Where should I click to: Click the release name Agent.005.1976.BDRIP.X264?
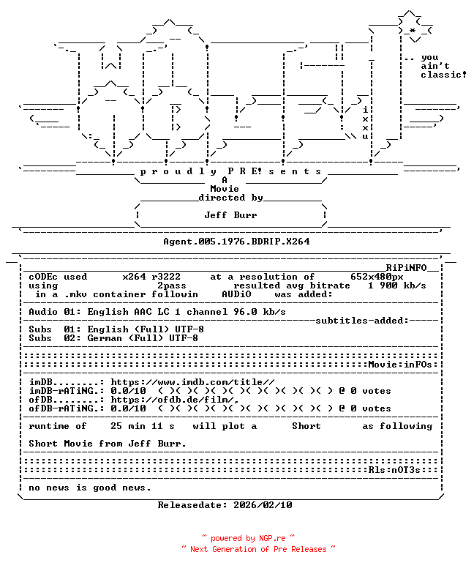click(236, 242)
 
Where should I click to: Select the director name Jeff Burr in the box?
click(230, 215)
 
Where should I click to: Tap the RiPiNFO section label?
click(406, 268)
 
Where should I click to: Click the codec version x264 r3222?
click(151, 277)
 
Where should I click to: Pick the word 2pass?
click(172, 285)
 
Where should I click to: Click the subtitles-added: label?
click(362, 321)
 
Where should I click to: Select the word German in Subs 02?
click(105, 338)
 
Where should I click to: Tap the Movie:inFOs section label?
click(400, 365)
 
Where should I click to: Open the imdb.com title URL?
click(193, 382)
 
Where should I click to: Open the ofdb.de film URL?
click(175, 400)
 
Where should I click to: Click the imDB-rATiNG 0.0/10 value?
click(128, 391)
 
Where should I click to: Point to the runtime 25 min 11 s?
click(143, 426)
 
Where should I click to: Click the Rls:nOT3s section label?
click(394, 470)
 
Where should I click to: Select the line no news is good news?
click(90, 488)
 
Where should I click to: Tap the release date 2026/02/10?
click(263, 505)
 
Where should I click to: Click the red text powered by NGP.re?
click(248, 538)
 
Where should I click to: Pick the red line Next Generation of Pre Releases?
click(258, 549)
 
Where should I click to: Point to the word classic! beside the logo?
click(444, 75)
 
